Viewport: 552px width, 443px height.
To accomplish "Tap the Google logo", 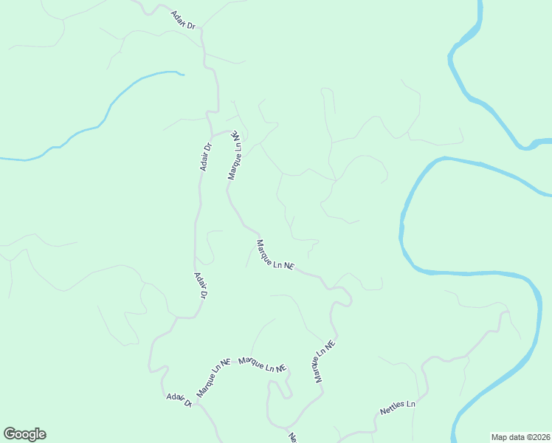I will click(x=24, y=434).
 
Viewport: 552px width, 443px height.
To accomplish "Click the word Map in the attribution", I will click(x=500, y=436).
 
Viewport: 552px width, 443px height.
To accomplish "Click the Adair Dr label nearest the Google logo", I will click(x=179, y=400).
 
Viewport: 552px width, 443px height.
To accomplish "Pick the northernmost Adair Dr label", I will click(x=183, y=20).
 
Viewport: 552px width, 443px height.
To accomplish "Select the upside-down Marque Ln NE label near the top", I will click(x=235, y=156).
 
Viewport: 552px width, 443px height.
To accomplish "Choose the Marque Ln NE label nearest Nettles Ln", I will click(x=325, y=361).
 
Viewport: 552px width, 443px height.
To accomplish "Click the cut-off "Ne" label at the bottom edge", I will click(x=292, y=437).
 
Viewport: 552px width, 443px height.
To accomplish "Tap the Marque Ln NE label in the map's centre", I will click(x=275, y=255).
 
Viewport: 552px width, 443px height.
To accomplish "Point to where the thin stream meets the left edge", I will click(x=2, y=159).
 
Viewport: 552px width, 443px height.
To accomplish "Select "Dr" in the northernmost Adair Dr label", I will click(x=190, y=25).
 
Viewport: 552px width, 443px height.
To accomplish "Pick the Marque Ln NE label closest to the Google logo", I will click(x=213, y=377).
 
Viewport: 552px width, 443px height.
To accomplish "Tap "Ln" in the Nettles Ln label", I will click(x=410, y=405).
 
